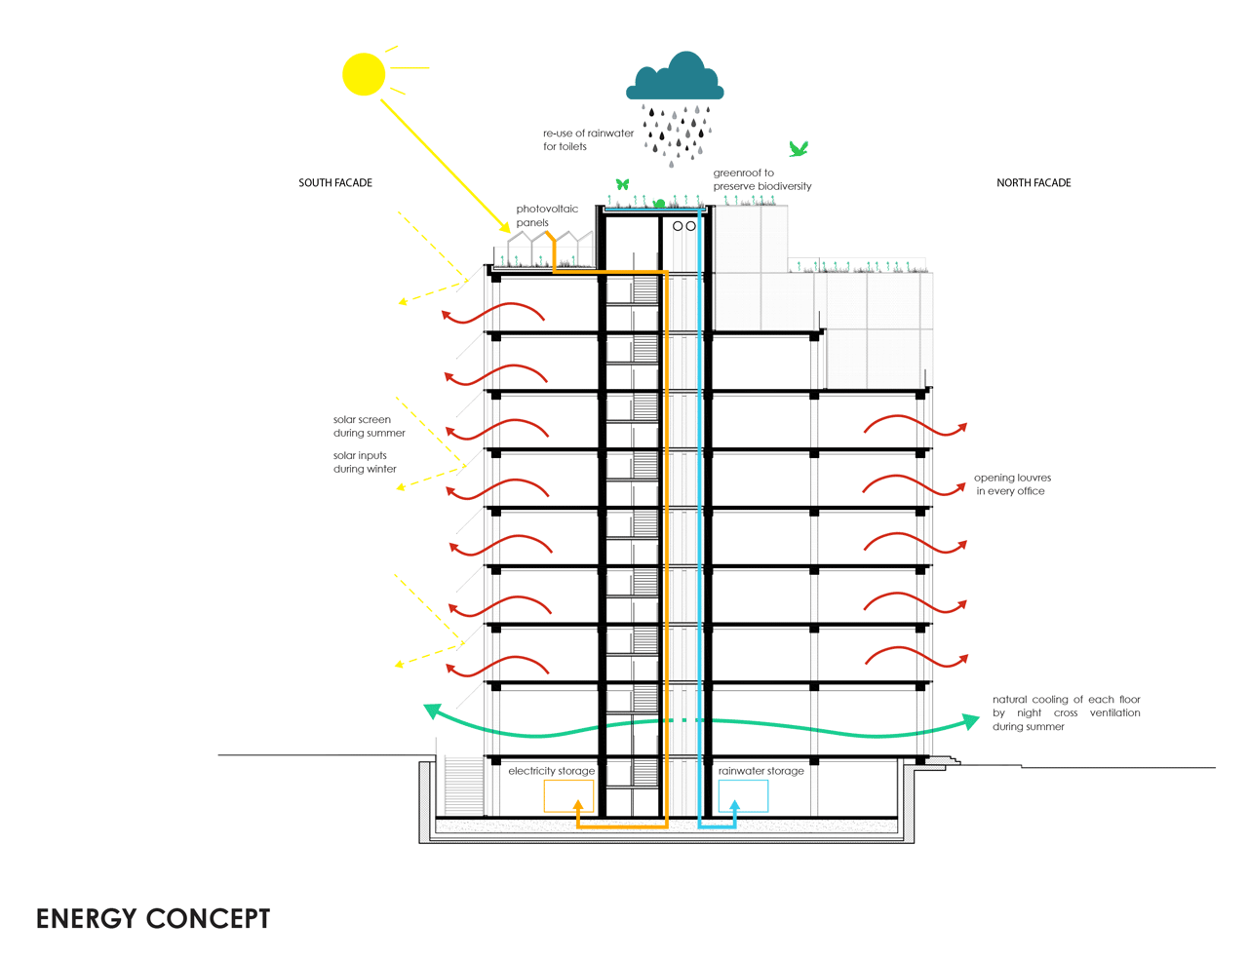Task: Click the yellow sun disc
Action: [x=364, y=74]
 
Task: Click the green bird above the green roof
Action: [x=799, y=149]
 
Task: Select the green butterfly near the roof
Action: [x=622, y=184]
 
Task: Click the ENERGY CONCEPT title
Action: [x=153, y=919]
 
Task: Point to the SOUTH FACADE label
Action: [x=335, y=183]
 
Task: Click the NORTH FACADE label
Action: [x=1033, y=183]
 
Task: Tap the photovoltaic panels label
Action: [x=547, y=215]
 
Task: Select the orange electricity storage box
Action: [x=568, y=796]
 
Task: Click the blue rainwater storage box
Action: [x=743, y=796]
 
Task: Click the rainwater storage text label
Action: [x=761, y=771]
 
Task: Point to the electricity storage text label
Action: [x=551, y=771]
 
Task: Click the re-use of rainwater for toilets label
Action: [x=588, y=140]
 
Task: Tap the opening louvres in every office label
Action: [x=1012, y=484]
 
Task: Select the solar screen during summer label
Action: [x=369, y=427]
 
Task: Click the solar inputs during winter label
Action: [x=365, y=462]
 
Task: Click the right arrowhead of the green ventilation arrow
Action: [x=970, y=721]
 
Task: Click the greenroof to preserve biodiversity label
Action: [x=761, y=179]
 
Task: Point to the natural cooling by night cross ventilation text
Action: [x=1066, y=712]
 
